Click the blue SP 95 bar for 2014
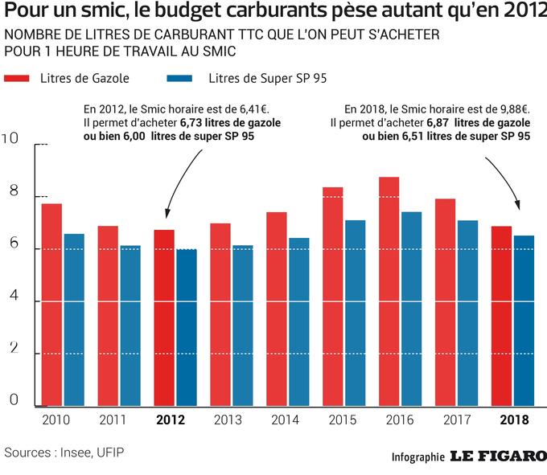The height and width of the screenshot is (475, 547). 299,321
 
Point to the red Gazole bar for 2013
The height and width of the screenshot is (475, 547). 221,313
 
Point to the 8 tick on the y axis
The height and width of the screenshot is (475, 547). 11,191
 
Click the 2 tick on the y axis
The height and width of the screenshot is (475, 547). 11,348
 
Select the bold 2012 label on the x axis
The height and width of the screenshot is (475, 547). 171,420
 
